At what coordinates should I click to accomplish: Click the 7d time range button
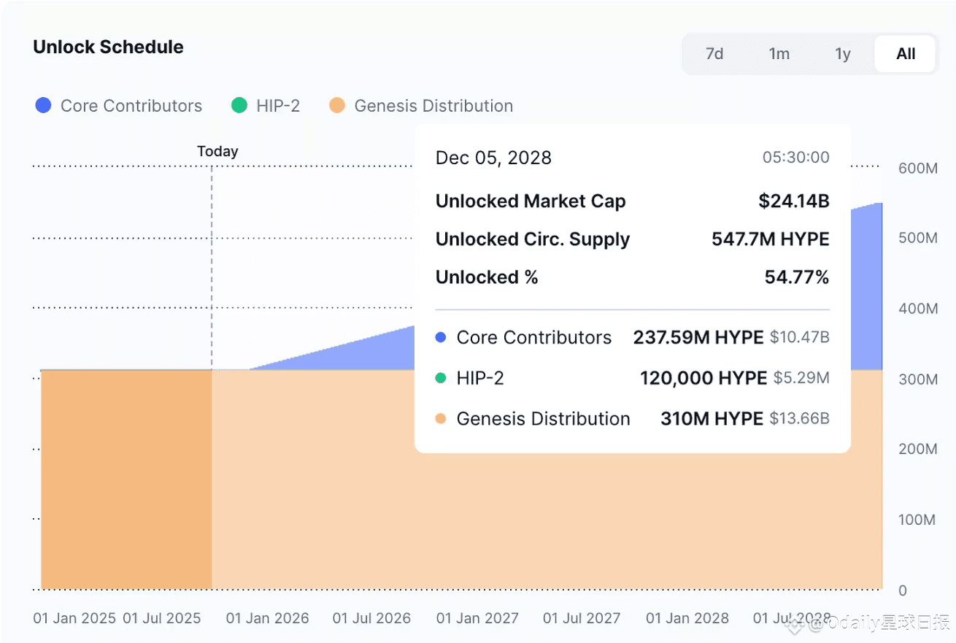[x=714, y=54]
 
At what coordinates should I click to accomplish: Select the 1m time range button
[x=779, y=54]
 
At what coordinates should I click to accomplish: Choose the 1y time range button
[x=843, y=54]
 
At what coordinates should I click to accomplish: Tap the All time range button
[x=906, y=54]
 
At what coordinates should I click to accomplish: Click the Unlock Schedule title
[x=108, y=47]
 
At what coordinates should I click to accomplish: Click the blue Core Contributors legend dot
[x=44, y=106]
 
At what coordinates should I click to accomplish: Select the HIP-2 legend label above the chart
[x=278, y=106]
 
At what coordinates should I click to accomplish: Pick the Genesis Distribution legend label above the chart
[x=433, y=106]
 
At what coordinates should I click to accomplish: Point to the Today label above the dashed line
[x=217, y=152]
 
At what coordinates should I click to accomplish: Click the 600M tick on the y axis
[x=917, y=169]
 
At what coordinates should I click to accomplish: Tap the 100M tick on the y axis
[x=917, y=520]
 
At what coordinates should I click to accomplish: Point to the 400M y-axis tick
[x=917, y=309]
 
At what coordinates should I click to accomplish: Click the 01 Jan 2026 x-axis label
[x=267, y=618]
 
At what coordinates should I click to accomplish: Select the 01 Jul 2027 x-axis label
[x=582, y=618]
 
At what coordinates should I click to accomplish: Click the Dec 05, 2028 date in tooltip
[x=493, y=158]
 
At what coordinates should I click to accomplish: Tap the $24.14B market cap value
[x=793, y=201]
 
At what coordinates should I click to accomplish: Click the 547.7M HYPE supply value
[x=770, y=239]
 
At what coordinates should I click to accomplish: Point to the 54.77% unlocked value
[x=797, y=277]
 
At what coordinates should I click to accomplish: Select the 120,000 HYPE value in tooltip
[x=703, y=378]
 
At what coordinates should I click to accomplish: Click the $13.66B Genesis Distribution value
[x=799, y=419]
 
